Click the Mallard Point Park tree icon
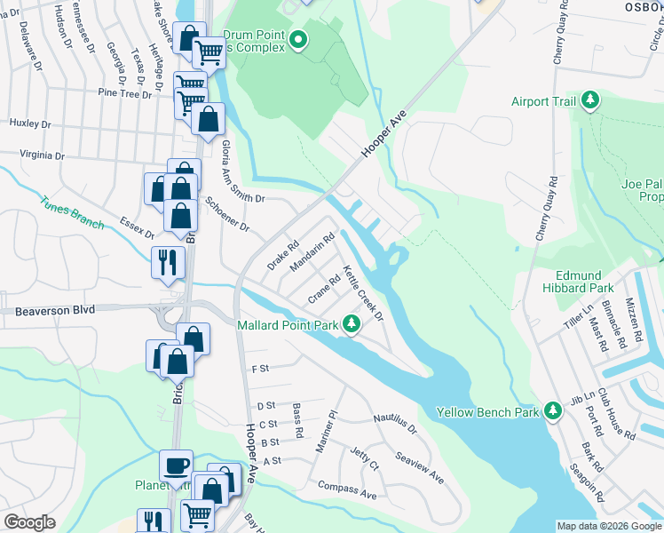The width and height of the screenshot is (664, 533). coord(352,324)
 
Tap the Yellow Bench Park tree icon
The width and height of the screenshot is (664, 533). coord(553,411)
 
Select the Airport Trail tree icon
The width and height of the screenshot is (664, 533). coord(589,101)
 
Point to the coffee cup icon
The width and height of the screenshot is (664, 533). coord(175,465)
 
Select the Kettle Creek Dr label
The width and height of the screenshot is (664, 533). coord(362,293)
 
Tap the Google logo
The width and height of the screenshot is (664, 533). coord(29,522)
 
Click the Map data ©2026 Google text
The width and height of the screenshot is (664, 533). coord(609,526)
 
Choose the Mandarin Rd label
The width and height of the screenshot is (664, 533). coord(312,252)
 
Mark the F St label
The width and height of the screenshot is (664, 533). coord(260,368)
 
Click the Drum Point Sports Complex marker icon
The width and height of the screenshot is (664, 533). coord(298,39)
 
